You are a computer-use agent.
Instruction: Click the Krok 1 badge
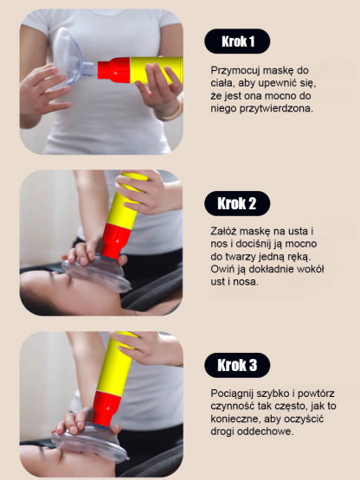point(237,41)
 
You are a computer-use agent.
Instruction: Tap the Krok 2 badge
point(237,204)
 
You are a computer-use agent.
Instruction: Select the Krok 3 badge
point(237,365)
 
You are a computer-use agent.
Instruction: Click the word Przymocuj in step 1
point(235,69)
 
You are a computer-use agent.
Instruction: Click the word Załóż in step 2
point(224,231)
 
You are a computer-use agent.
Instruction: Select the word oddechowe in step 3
point(265,432)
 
